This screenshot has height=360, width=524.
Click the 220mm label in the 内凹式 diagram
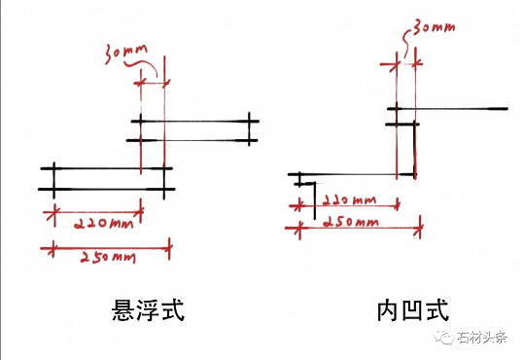point(347,199)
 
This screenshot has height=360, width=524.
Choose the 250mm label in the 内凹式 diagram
point(349,222)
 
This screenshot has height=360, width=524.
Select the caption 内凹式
point(412,311)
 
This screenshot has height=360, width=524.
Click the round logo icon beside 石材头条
point(446,338)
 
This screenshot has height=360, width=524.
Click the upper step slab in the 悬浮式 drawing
point(194,130)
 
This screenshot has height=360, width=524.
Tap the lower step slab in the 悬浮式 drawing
point(106,178)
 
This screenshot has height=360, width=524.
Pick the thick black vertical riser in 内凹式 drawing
point(414,146)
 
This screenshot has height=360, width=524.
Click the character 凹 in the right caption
point(412,311)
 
